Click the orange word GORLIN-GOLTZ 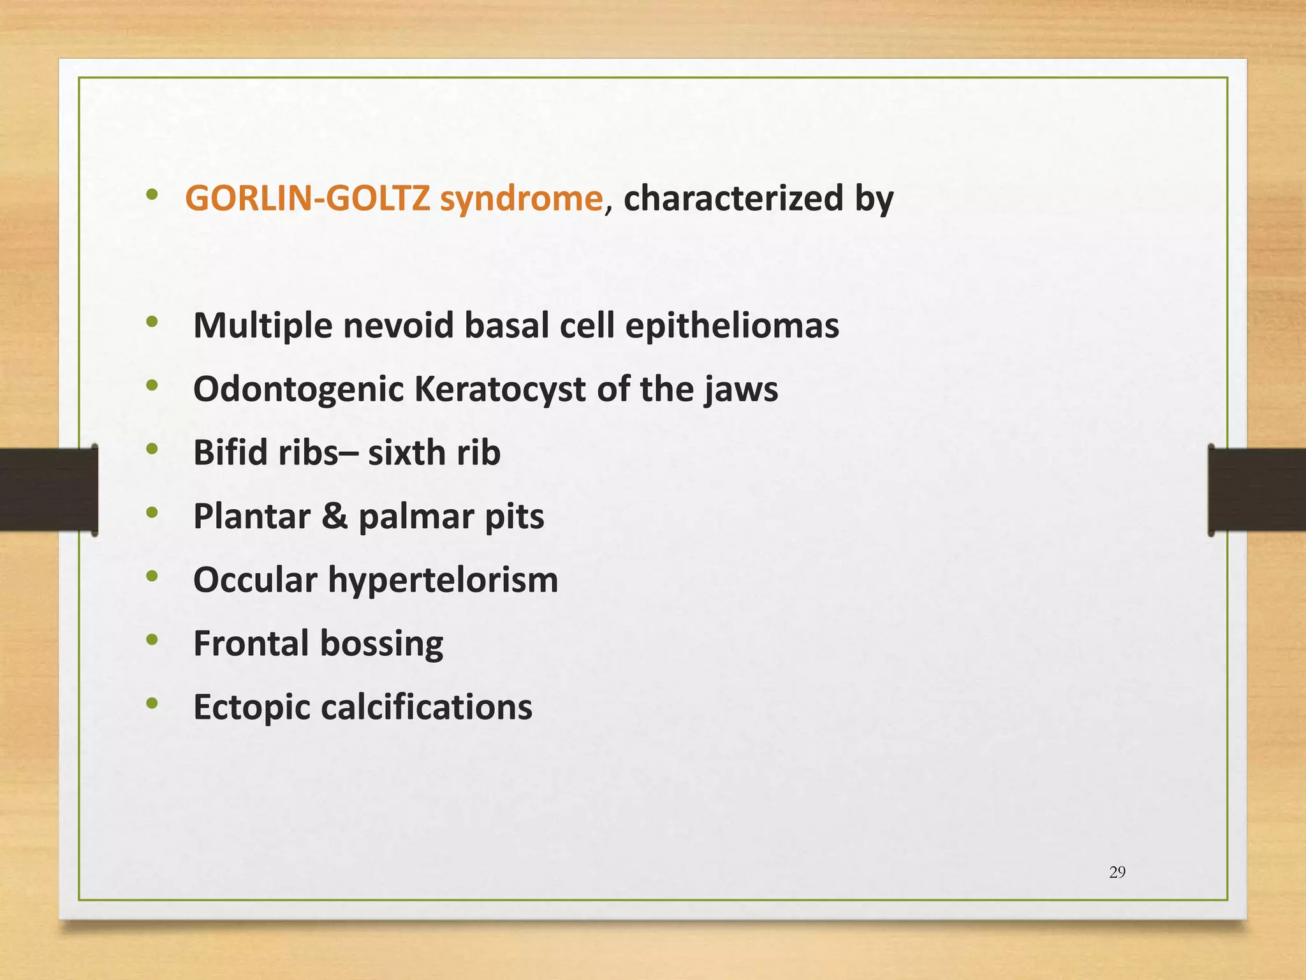(x=307, y=198)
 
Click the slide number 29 (x=1117, y=872)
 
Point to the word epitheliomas (x=732, y=327)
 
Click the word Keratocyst (x=499, y=390)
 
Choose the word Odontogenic (x=298, y=390)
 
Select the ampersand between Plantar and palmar (x=334, y=516)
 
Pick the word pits (x=515, y=517)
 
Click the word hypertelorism (x=443, y=581)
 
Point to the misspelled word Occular (x=255, y=580)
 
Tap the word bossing (x=381, y=644)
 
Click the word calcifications (x=426, y=707)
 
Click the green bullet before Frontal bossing (x=152, y=639)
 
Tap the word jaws (x=741, y=390)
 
